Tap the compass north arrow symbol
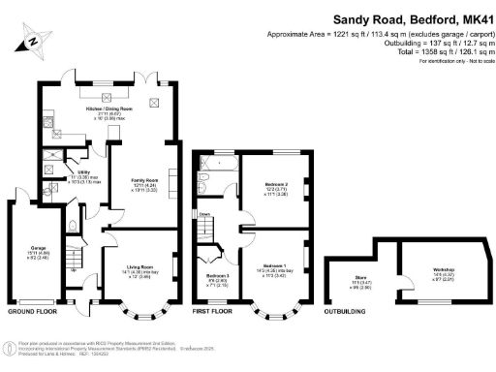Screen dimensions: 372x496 coord(33,41)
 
